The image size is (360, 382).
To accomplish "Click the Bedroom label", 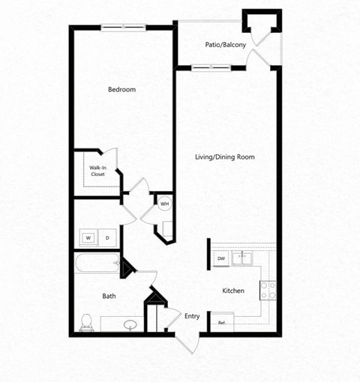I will (121, 90).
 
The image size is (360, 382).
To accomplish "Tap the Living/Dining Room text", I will (225, 157).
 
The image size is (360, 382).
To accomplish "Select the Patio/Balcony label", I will (226, 45).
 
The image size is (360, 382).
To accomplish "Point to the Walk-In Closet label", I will (97, 171).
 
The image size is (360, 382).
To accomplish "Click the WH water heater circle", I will (164, 203).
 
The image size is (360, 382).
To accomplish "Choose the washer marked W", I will (88, 238).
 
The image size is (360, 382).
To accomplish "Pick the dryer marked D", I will (107, 238).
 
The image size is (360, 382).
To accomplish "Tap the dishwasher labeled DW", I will (221, 258).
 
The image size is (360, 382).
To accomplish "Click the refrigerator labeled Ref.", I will (222, 323).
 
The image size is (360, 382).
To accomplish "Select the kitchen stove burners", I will (268, 289).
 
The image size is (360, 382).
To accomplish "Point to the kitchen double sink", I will (243, 258).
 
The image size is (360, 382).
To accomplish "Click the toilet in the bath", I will (86, 321).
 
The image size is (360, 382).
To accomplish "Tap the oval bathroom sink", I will (132, 325).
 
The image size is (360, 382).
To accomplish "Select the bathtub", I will (96, 264).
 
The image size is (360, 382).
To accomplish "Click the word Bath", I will (109, 297).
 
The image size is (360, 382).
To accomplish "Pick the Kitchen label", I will (233, 291).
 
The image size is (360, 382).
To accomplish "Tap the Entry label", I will (192, 317).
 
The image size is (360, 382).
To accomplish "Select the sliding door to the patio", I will (211, 68).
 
